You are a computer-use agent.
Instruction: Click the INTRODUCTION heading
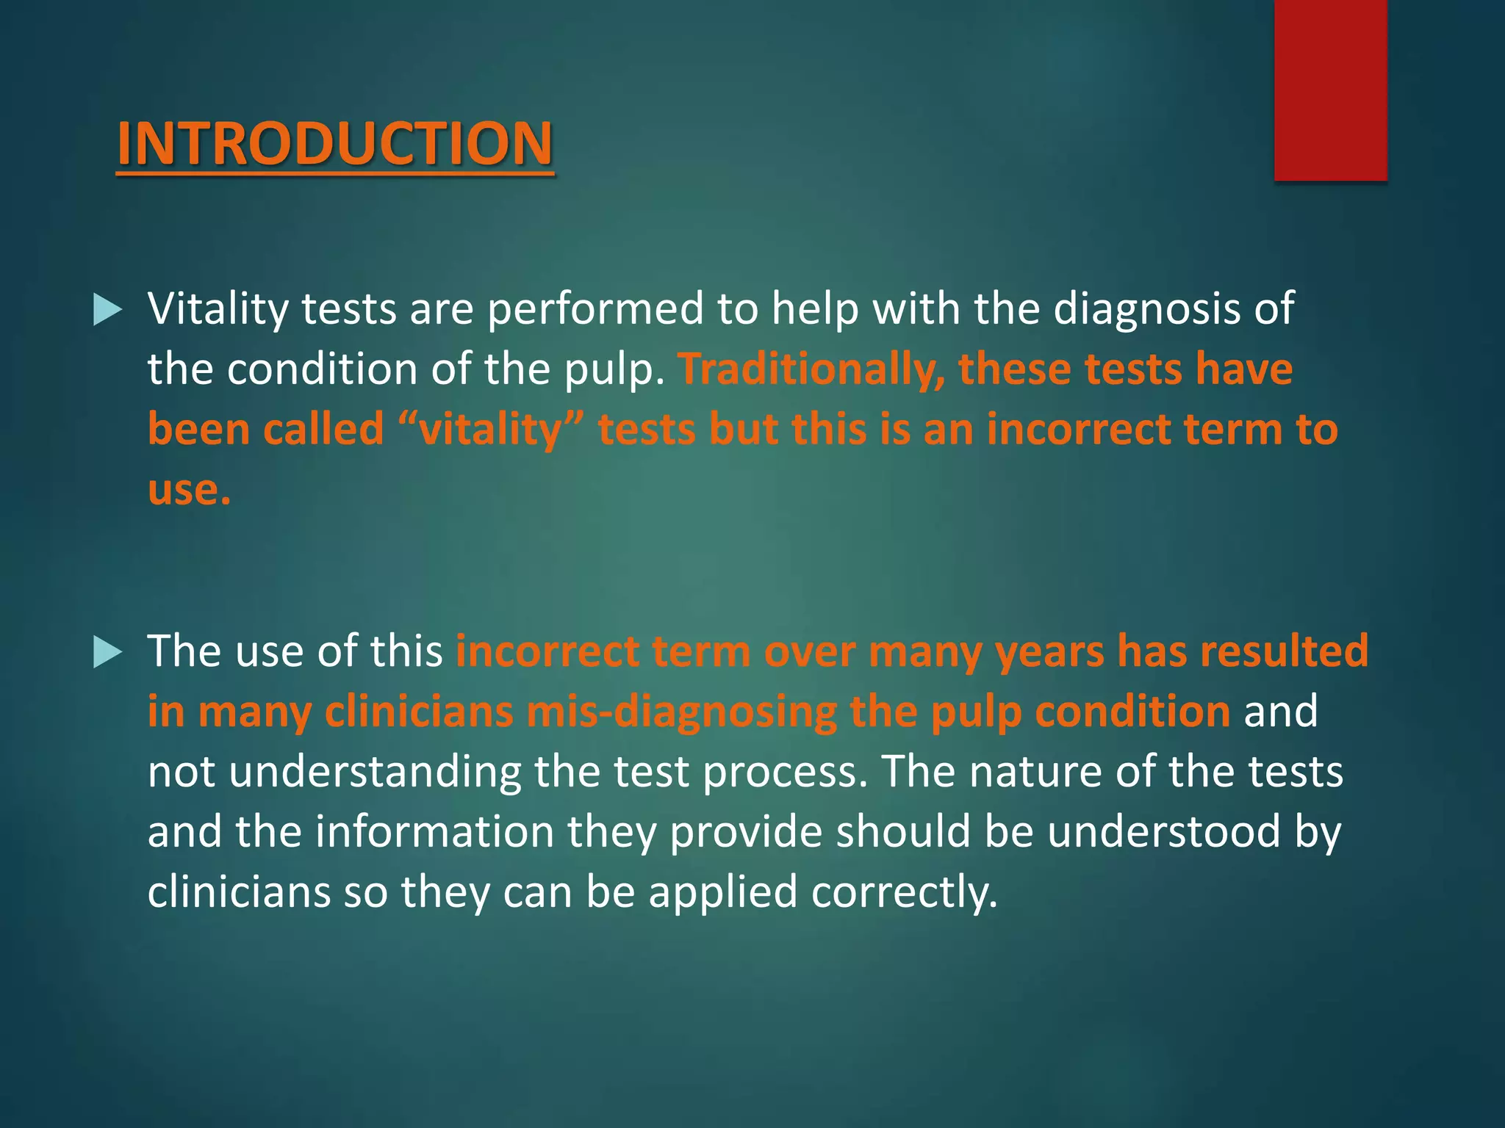(334, 143)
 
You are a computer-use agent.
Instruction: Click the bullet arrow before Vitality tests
(108, 310)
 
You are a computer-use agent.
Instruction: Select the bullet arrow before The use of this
(108, 652)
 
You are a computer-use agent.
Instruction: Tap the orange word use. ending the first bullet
(189, 491)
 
